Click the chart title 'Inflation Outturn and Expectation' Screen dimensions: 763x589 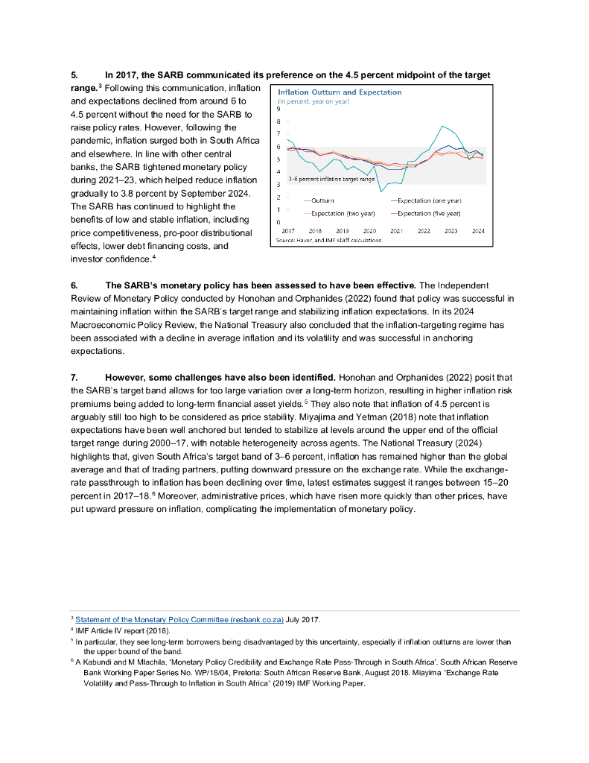[340, 92]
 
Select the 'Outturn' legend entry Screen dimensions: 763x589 [322, 200]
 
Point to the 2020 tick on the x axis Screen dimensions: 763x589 [369, 232]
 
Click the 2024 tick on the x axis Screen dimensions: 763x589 [478, 232]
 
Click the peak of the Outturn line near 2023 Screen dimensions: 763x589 [443, 126]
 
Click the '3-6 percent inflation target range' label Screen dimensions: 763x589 [331, 180]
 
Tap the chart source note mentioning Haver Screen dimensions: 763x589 [328, 240]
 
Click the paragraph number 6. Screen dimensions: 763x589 [74, 285]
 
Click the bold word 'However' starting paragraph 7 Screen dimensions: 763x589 [127, 378]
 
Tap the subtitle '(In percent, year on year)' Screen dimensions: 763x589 [313, 101]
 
